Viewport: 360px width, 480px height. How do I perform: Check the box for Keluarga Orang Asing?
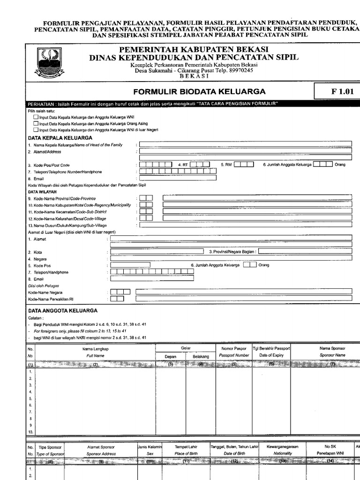[x=36, y=123]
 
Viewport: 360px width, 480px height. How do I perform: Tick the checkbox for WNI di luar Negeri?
[x=36, y=129]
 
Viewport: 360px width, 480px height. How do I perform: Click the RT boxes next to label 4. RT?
[x=200, y=165]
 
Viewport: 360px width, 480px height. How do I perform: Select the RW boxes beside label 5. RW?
[x=244, y=165]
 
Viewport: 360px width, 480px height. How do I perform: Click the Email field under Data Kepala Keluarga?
[x=178, y=178]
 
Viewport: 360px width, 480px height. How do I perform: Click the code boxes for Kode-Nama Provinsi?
[x=146, y=198]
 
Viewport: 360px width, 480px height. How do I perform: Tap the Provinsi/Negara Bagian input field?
[x=305, y=251]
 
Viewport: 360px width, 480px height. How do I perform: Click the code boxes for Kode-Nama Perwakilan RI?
[x=117, y=299]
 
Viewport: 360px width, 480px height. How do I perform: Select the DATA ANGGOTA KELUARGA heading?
[x=63, y=310]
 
